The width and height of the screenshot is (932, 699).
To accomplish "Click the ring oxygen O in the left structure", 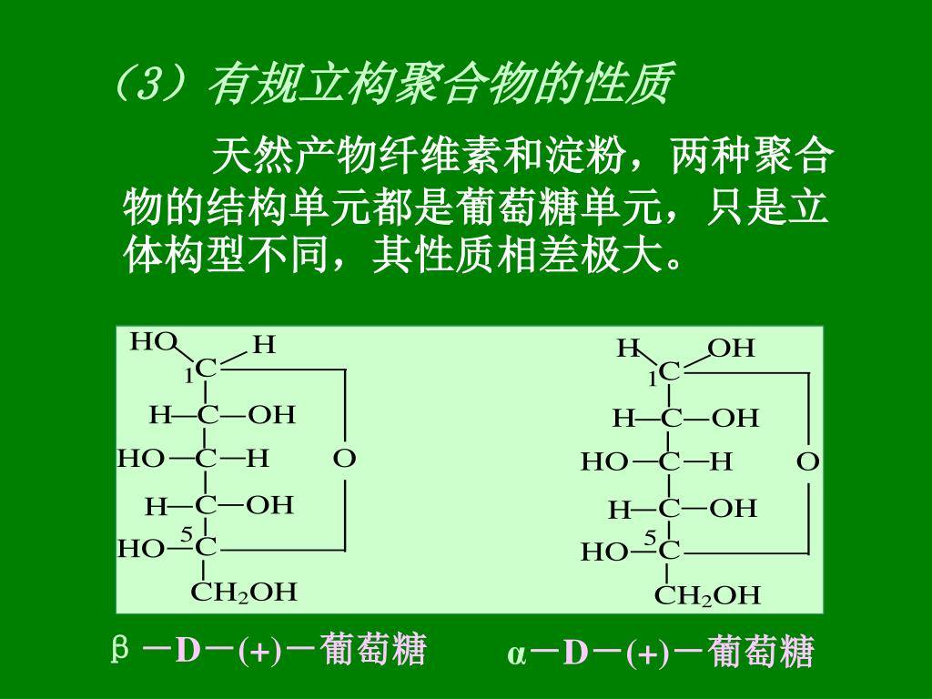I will click(x=344, y=458).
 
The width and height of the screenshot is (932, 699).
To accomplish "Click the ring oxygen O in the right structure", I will click(x=807, y=462).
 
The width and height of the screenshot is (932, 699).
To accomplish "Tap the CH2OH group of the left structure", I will click(x=244, y=593).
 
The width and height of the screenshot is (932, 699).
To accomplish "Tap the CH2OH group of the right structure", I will click(x=707, y=596).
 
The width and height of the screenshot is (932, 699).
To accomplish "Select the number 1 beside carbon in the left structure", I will click(x=188, y=375).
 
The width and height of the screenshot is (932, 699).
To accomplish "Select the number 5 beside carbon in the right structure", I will click(x=650, y=539).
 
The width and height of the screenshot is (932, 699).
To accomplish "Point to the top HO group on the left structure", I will click(x=152, y=342).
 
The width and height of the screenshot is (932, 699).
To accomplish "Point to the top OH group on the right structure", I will click(x=732, y=349).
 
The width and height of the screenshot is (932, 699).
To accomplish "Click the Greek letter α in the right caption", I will click(x=516, y=654).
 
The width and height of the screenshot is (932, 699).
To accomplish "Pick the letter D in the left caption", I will click(x=187, y=651).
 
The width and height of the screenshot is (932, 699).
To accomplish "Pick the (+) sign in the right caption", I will click(x=647, y=654).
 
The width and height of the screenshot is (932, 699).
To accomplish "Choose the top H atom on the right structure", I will click(x=629, y=349).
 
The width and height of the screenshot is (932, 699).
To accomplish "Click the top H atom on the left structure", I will click(x=263, y=344).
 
